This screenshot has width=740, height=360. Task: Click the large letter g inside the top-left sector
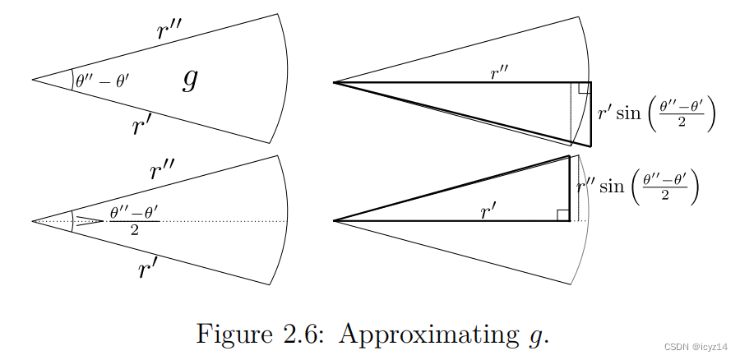pyautogui.click(x=189, y=80)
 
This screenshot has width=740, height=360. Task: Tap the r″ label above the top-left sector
pyautogui.click(x=170, y=30)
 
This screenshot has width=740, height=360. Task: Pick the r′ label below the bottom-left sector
pyautogui.click(x=148, y=267)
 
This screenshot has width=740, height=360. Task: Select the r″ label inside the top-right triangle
pyautogui.click(x=501, y=73)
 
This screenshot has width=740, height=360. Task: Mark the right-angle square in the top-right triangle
pyautogui.click(x=583, y=88)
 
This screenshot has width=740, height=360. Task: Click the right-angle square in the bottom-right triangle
pyautogui.click(x=563, y=215)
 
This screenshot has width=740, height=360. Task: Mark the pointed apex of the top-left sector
pyautogui.click(x=32, y=80)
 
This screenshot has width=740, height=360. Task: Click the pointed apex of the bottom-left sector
pyautogui.click(x=32, y=220)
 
